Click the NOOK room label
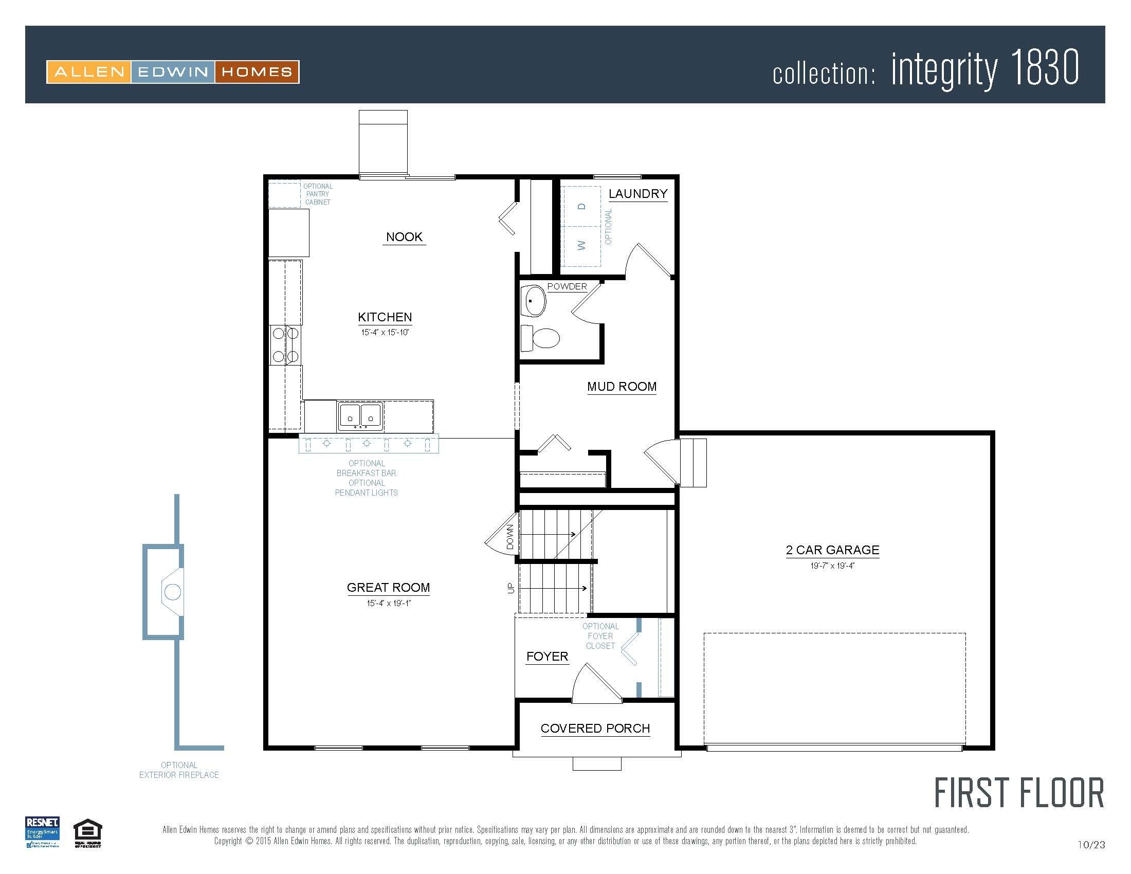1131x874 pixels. click(x=404, y=237)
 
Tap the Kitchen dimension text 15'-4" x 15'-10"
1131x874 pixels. click(x=385, y=333)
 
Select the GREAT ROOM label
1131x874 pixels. click(x=388, y=587)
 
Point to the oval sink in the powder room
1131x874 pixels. click(x=534, y=301)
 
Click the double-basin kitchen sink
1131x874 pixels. click(x=360, y=416)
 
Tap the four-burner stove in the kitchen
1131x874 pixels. click(x=285, y=345)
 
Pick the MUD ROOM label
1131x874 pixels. click(x=622, y=387)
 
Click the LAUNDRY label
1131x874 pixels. click(x=637, y=194)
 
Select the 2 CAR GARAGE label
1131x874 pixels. click(x=832, y=550)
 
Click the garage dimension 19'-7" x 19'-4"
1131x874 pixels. click(x=832, y=566)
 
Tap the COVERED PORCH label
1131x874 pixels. click(x=595, y=728)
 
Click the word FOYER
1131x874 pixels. click(x=547, y=657)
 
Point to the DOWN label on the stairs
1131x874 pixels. click(x=510, y=537)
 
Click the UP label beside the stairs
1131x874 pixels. click(x=511, y=588)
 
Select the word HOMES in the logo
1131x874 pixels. click(x=257, y=72)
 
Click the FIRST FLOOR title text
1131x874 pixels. click(x=1018, y=793)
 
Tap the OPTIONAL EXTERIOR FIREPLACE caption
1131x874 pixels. click(x=179, y=770)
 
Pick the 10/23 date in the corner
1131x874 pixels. click(x=1091, y=845)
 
